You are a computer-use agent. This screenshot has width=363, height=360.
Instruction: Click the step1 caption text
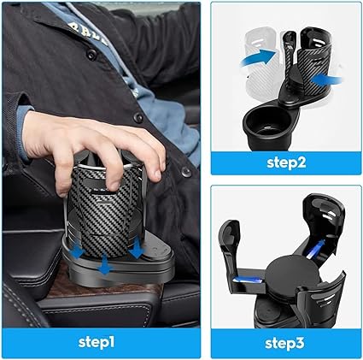point(97,342)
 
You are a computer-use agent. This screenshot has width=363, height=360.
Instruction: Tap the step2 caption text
point(286,162)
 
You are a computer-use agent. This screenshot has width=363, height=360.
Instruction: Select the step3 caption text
point(284,343)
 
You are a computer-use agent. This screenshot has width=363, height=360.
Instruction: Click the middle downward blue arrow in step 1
point(105,265)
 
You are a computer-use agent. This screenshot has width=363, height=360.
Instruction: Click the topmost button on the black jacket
point(91,54)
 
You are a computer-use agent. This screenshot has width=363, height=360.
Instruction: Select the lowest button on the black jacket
point(186,171)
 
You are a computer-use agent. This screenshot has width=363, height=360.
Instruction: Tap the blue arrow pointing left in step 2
point(326,79)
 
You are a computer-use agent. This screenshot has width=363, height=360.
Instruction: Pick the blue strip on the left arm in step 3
point(249,280)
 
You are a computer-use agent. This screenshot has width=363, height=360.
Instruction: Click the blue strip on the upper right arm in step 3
point(316,247)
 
